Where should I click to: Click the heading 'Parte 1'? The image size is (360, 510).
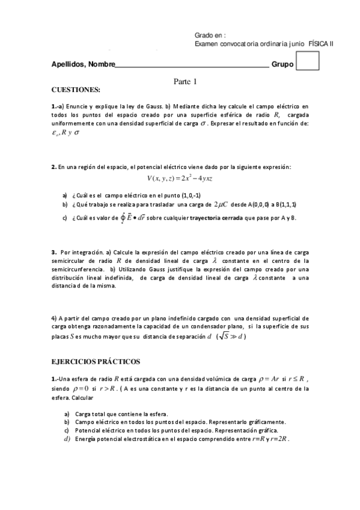(x=185, y=82)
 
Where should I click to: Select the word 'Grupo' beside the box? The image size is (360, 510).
(x=283, y=64)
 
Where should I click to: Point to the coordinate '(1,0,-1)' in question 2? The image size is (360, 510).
(x=184, y=195)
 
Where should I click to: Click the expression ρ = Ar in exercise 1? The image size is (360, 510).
(x=269, y=379)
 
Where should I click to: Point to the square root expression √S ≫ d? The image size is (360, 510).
(x=231, y=337)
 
